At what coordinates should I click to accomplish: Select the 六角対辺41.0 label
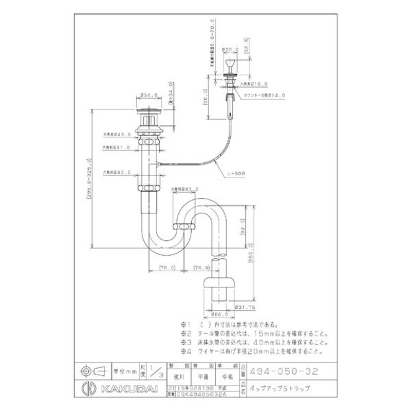[118, 147]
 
